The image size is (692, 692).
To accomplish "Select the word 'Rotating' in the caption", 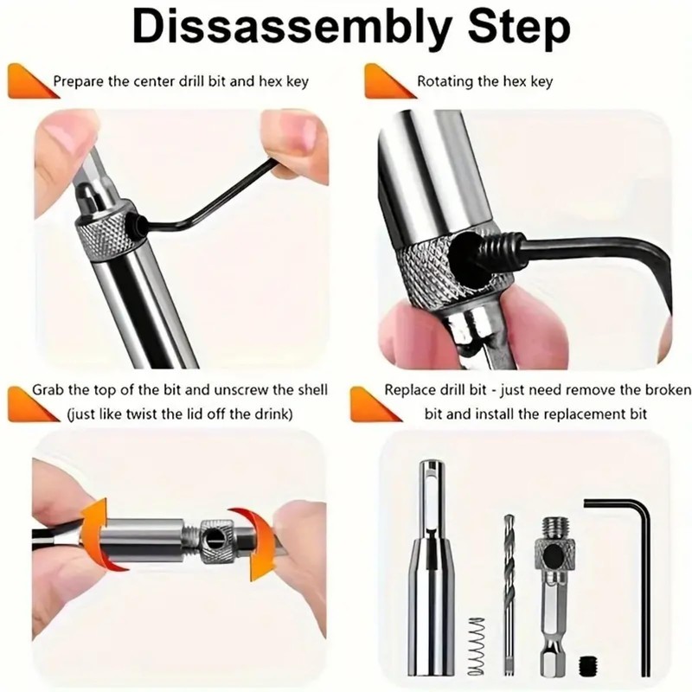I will (x=446, y=82).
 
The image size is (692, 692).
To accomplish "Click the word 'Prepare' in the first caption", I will (x=80, y=82).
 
